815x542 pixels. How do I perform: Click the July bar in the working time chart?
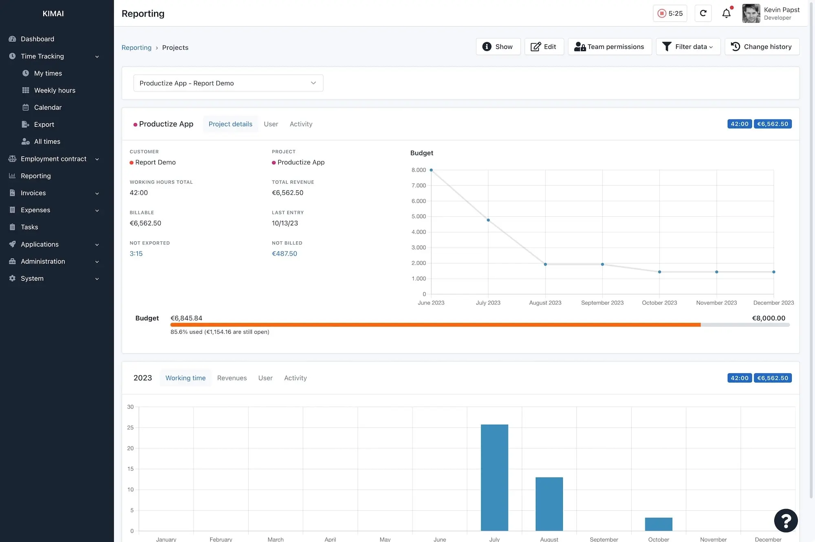tap(494, 477)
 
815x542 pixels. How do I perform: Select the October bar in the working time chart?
tap(659, 524)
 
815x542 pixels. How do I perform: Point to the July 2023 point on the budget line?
tap(488, 220)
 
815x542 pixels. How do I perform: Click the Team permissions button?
tap(610, 47)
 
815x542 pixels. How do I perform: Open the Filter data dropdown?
tap(688, 47)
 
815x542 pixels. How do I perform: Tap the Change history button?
tap(762, 47)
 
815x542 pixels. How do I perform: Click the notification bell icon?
tap(726, 13)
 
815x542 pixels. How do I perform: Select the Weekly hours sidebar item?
tap(55, 90)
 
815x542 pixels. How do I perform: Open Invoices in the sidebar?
tap(33, 193)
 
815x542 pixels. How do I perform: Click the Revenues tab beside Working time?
tap(232, 378)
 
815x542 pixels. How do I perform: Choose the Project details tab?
tap(230, 124)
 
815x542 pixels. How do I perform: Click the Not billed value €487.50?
tap(284, 253)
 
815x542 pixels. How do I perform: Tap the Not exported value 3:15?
tap(136, 253)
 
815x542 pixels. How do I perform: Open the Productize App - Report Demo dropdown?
tap(228, 83)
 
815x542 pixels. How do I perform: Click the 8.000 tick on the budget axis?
tap(419, 170)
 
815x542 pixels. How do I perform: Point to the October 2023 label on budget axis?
tap(659, 303)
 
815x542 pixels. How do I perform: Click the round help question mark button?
tap(786, 520)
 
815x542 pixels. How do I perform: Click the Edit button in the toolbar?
tap(544, 47)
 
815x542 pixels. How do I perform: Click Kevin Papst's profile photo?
tap(751, 13)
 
